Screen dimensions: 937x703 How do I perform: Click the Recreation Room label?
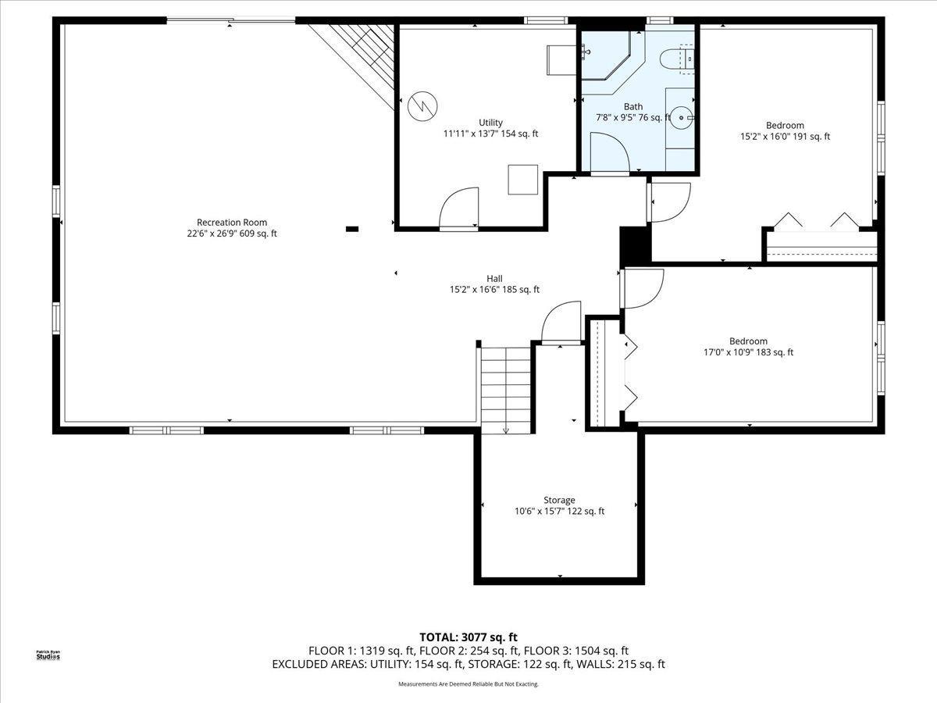232,223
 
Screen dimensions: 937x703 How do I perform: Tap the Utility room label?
490,123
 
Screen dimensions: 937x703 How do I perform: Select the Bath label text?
633,107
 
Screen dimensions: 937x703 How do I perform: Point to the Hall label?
494,279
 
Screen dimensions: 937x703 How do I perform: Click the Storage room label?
559,500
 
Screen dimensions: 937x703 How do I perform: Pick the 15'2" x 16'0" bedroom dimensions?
785,137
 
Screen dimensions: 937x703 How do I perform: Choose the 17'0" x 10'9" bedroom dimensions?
748,352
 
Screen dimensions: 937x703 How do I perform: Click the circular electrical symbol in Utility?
422,106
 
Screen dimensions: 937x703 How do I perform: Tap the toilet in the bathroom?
677,59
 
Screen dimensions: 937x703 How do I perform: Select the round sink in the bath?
682,117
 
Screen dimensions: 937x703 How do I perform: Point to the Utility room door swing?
459,209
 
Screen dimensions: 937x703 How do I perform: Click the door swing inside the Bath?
610,152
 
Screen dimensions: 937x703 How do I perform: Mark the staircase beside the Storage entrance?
506,390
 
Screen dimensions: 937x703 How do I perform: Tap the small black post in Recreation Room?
351,229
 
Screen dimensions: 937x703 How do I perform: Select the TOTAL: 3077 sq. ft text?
468,637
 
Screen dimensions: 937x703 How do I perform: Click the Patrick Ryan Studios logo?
48,655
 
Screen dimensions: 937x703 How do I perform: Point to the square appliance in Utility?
523,180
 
